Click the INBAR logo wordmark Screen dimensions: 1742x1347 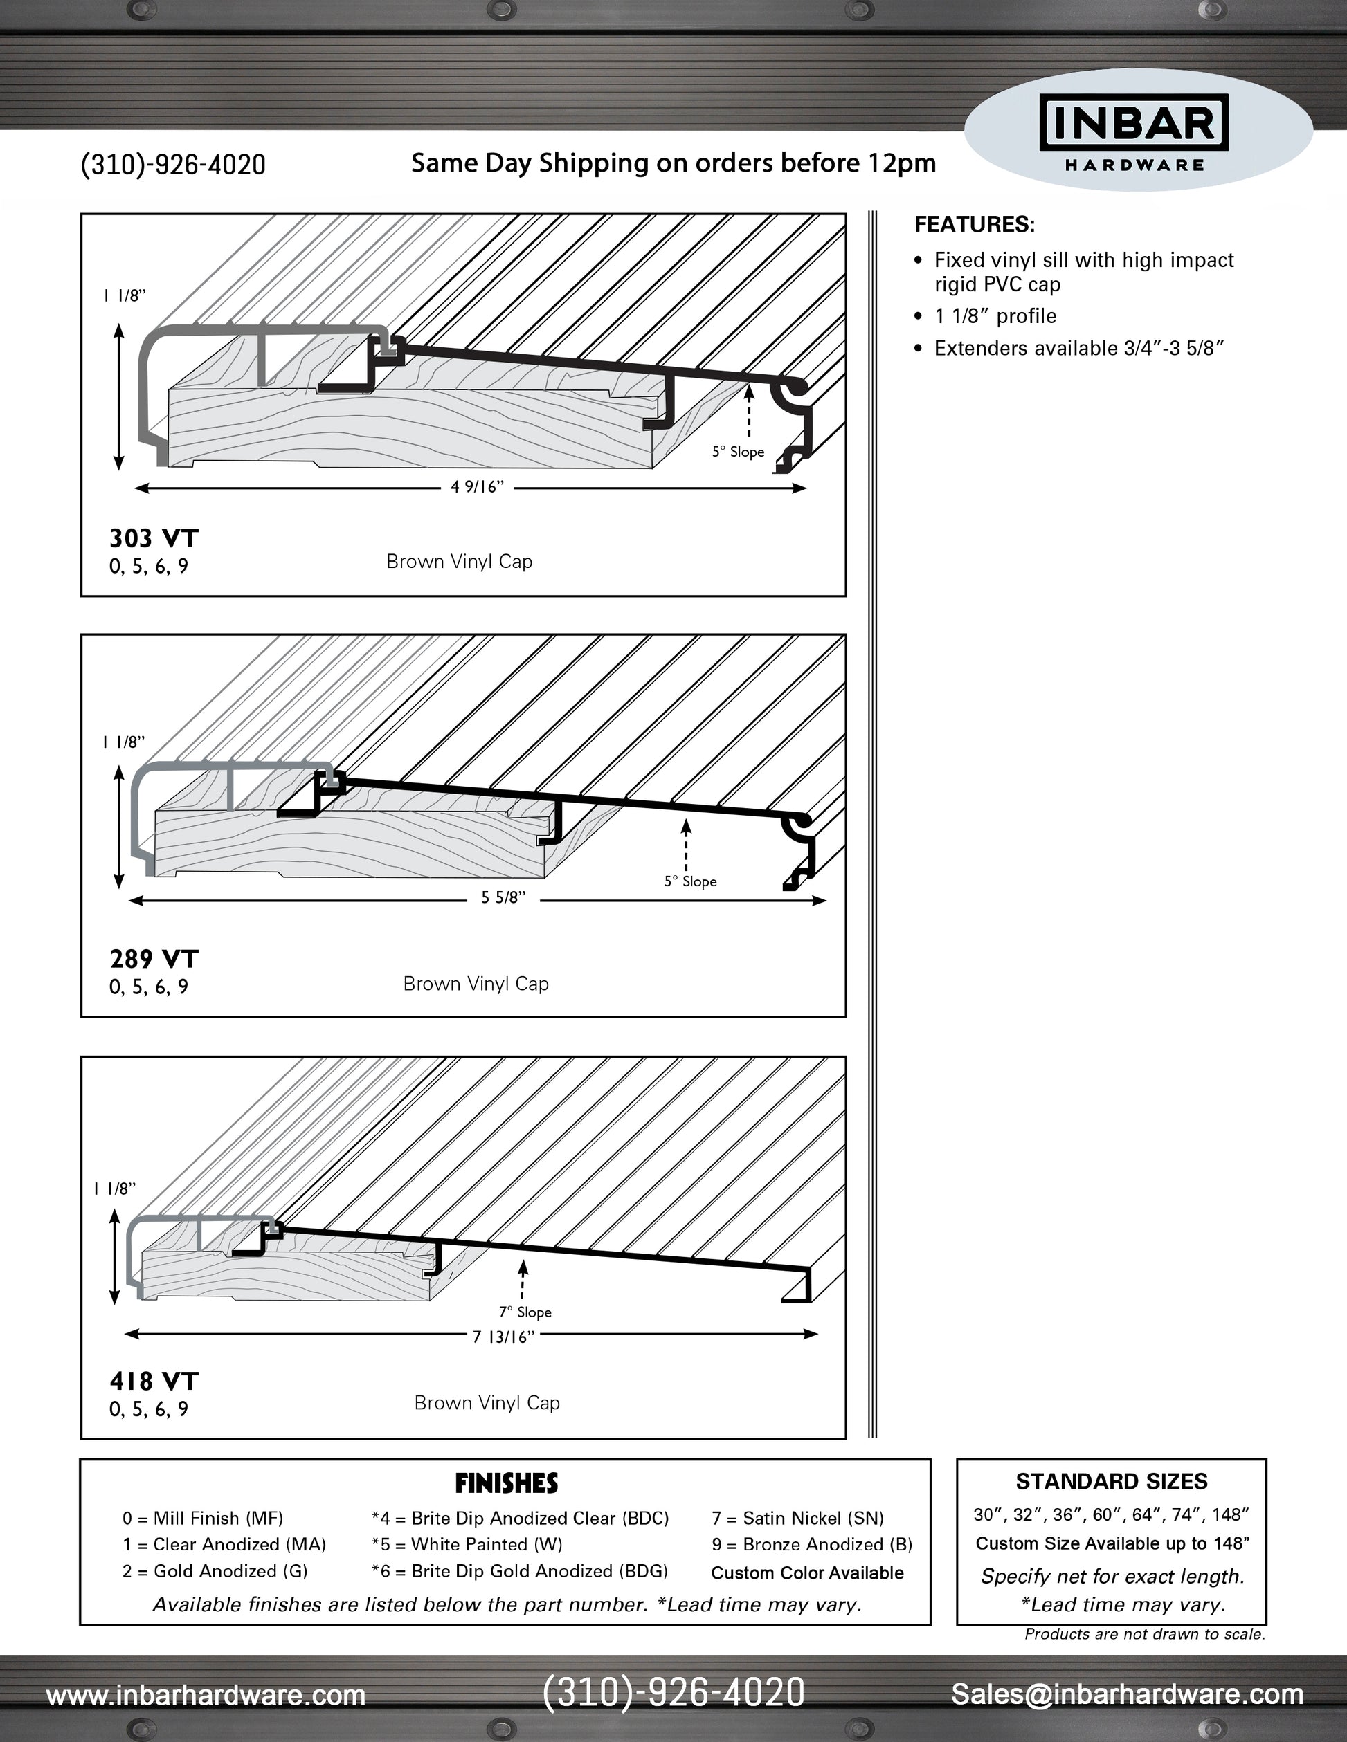pyautogui.click(x=1133, y=122)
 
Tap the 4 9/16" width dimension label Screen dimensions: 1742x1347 pyautogui.click(x=477, y=487)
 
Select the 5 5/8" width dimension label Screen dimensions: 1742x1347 pyautogui.click(x=503, y=898)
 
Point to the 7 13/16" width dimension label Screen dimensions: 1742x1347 pyautogui.click(x=503, y=1337)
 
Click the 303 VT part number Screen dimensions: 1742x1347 pyautogui.click(x=154, y=538)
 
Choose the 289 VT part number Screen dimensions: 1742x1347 pyautogui.click(x=154, y=959)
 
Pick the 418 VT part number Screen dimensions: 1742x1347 pyautogui.click(x=154, y=1381)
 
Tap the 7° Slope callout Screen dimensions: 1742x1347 pyautogui.click(x=525, y=1312)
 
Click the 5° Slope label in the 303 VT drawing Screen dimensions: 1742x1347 pyautogui.click(x=738, y=452)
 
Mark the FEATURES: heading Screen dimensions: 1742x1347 pyautogui.click(x=975, y=224)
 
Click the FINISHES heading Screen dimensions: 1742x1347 pyautogui.click(x=507, y=1483)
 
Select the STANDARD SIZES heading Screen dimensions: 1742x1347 pyautogui.click(x=1112, y=1482)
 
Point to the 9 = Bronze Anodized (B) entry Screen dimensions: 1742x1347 pyautogui.click(x=811, y=1544)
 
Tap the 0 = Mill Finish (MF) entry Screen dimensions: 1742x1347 pyautogui.click(x=203, y=1518)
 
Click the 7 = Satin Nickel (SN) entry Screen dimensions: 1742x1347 pyautogui.click(x=798, y=1518)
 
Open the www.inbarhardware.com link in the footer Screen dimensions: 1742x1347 pyautogui.click(x=206, y=1695)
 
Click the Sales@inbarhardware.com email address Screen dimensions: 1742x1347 pyautogui.click(x=1127, y=1694)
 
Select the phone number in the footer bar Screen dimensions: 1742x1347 pyautogui.click(x=673, y=1693)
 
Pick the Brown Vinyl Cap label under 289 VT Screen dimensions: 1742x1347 pyautogui.click(x=476, y=984)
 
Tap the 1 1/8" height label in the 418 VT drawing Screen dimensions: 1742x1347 pyautogui.click(x=115, y=1189)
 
